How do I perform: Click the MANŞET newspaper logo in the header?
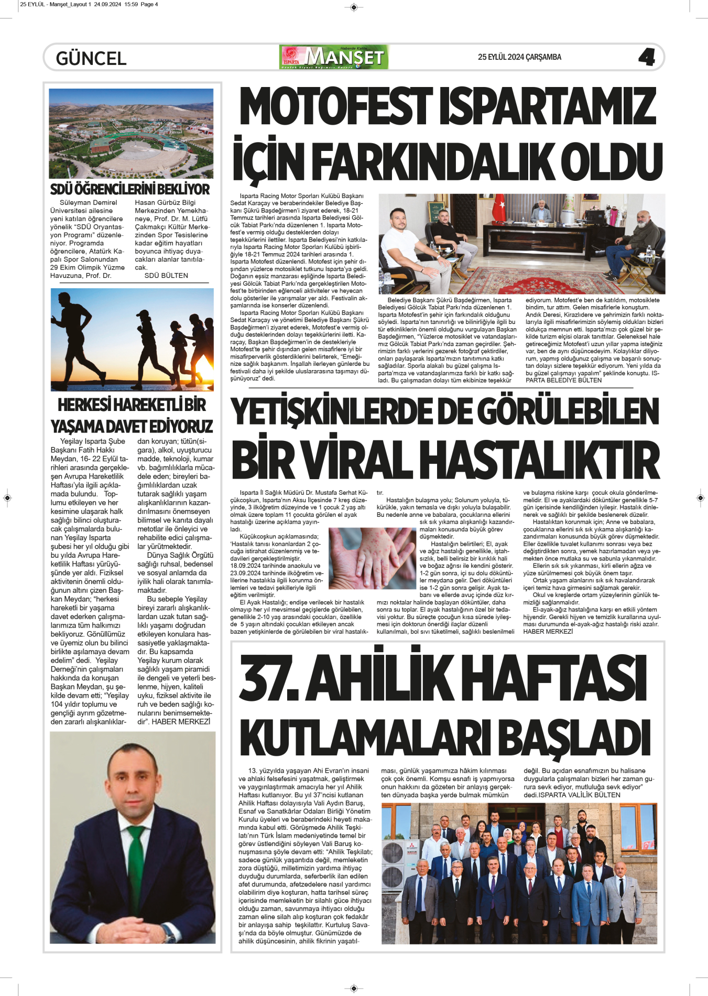tap(334, 57)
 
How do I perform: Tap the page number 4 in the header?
tap(647, 57)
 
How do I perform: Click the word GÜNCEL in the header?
tap(91, 58)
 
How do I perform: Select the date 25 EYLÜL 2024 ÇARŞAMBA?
tap(519, 57)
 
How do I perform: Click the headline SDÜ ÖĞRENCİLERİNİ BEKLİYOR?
tap(130, 189)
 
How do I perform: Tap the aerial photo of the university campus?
tap(131, 133)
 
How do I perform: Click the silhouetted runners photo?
tap(132, 339)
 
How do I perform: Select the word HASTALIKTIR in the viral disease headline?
tap(539, 460)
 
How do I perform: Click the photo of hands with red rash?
tap(372, 558)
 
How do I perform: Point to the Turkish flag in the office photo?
tap(498, 208)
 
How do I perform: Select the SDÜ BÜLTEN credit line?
tap(166, 276)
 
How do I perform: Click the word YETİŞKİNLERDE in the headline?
tap(351, 412)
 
